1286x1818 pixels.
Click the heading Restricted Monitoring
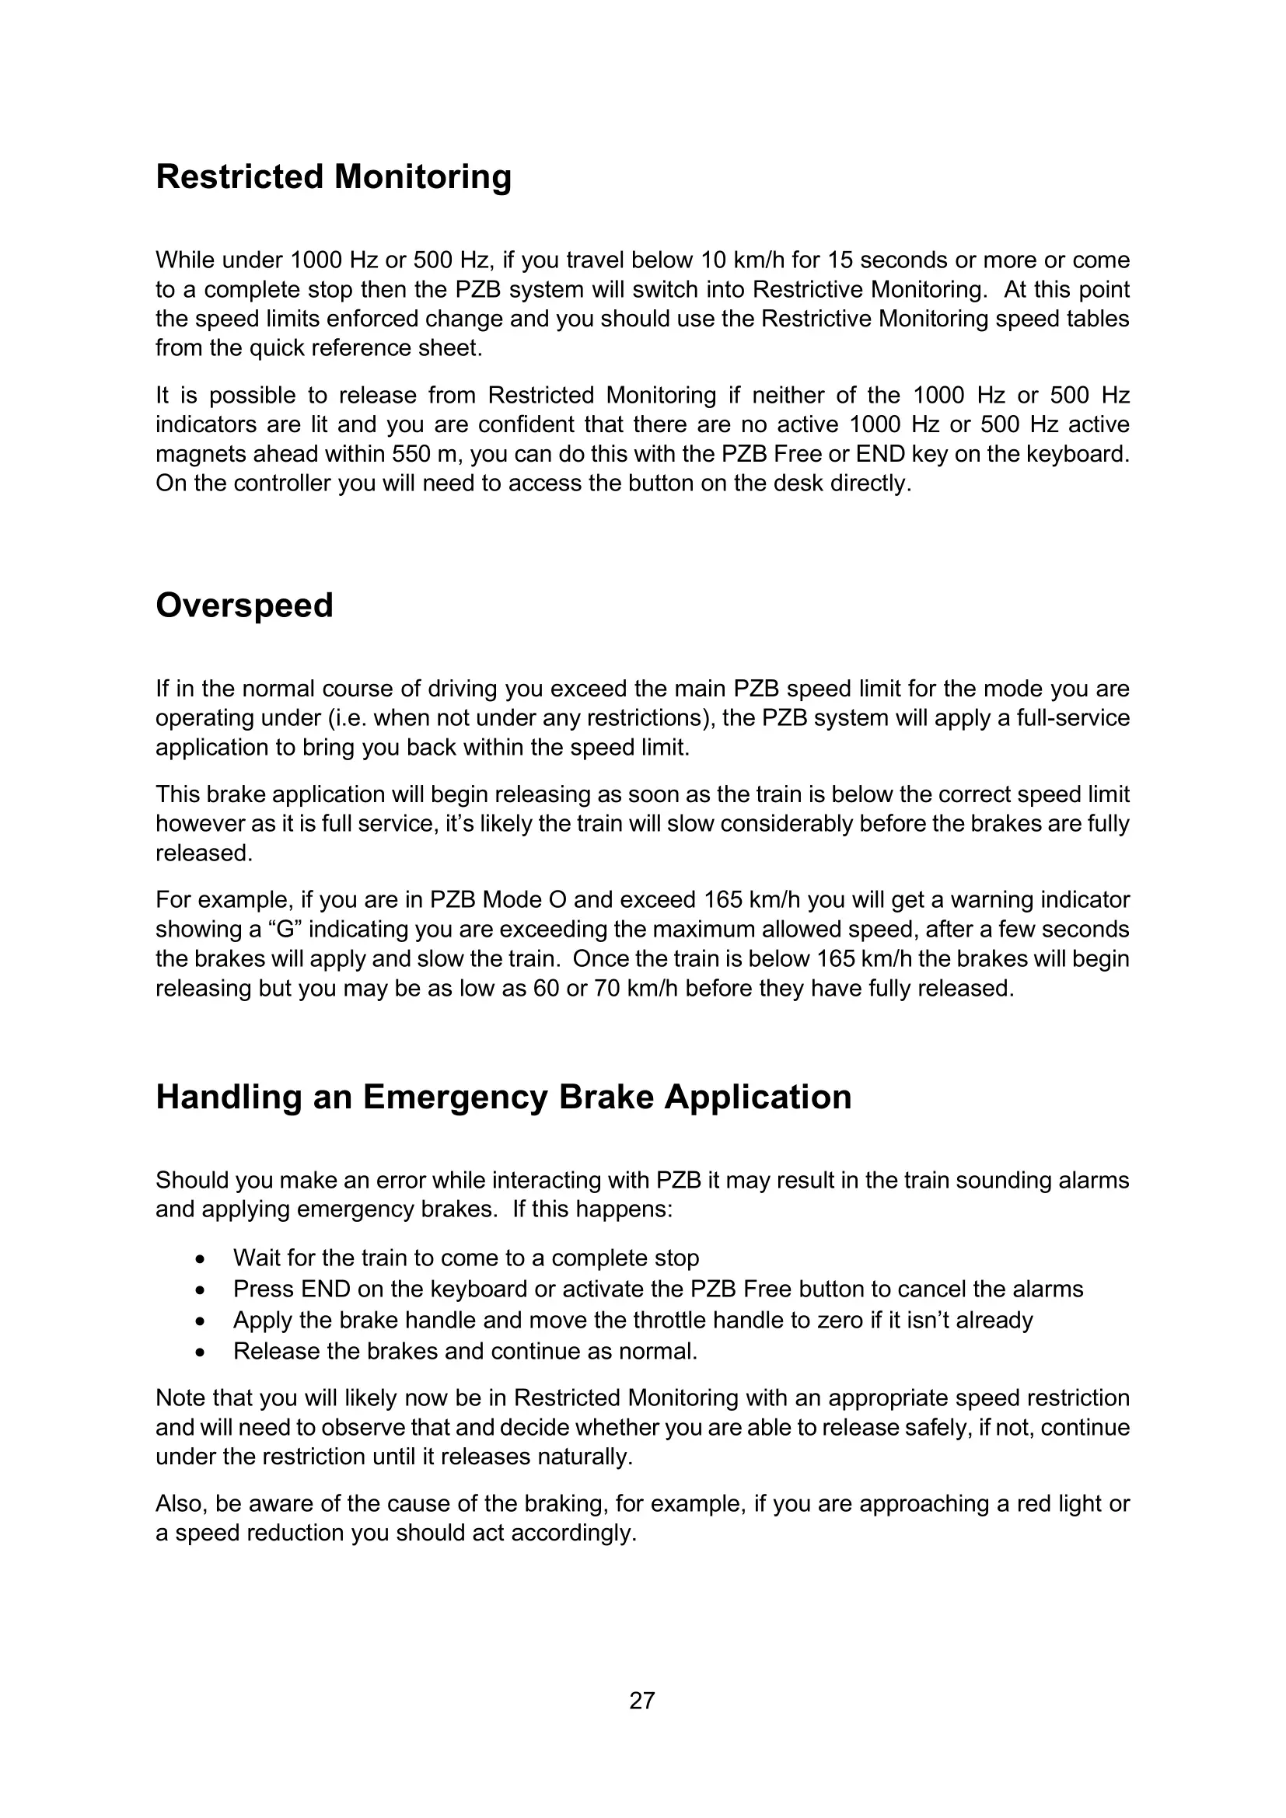[x=334, y=176]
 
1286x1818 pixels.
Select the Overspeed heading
[x=244, y=605]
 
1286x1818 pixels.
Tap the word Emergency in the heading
[x=455, y=1097]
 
